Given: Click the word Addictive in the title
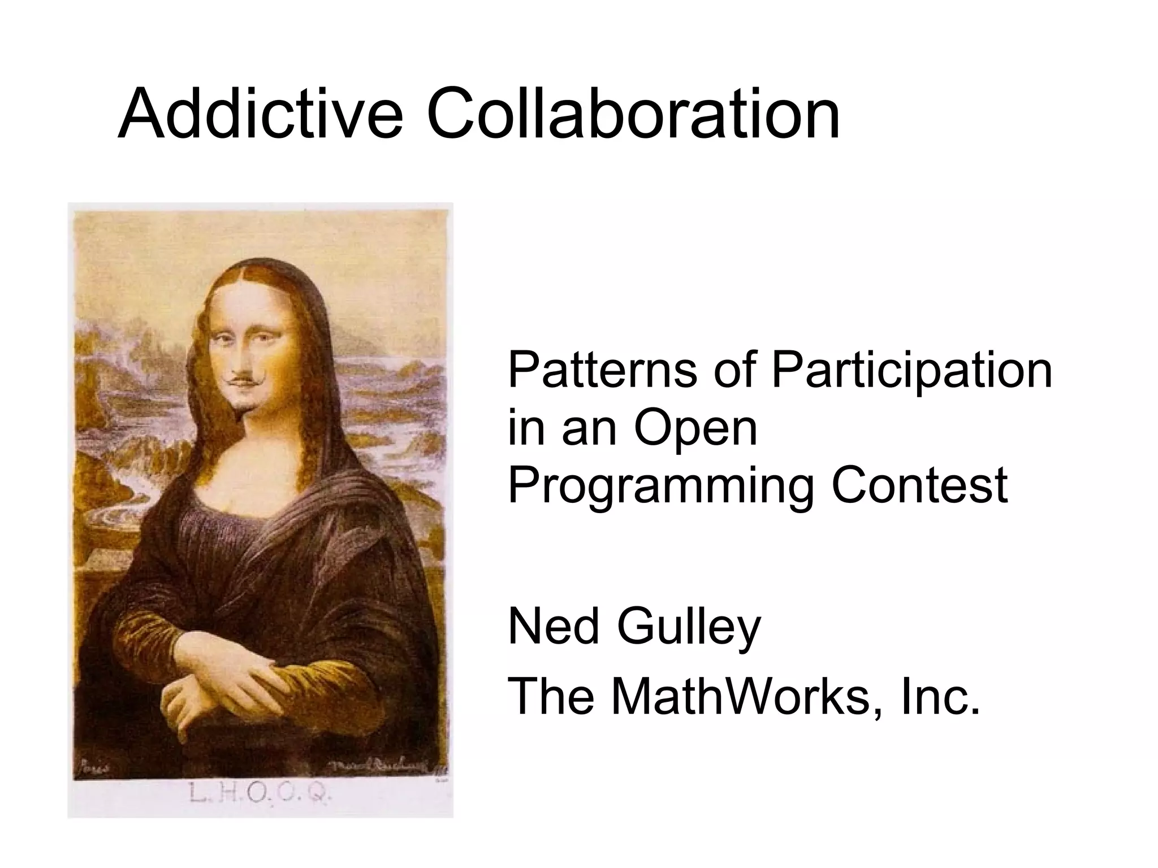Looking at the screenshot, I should [x=260, y=115].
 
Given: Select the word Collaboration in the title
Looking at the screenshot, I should [x=633, y=115].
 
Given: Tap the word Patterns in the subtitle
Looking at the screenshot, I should [x=603, y=370].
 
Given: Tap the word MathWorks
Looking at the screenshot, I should [x=741, y=696].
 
